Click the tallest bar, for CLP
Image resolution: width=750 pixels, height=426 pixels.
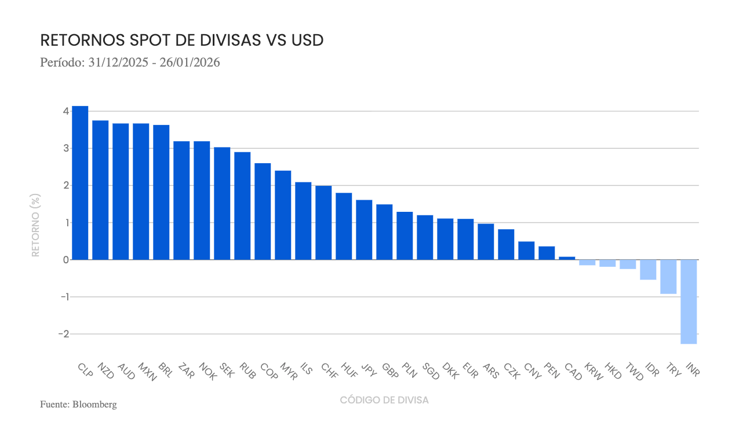click(80, 183)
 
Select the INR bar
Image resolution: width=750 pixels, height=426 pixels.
click(689, 302)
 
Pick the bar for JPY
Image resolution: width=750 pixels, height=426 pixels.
click(364, 230)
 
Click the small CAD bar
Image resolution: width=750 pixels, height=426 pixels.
click(567, 258)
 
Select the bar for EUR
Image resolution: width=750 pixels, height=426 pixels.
click(465, 239)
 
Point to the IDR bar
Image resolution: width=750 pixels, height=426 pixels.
click(648, 270)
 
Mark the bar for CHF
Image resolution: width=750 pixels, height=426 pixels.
click(323, 223)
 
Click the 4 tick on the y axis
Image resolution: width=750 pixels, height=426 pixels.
click(66, 111)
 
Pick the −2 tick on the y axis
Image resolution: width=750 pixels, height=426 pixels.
click(64, 334)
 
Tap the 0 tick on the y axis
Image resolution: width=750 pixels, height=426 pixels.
click(66, 260)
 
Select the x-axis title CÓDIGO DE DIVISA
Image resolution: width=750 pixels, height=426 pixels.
click(384, 400)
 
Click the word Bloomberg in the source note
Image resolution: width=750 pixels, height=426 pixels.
click(94, 405)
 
